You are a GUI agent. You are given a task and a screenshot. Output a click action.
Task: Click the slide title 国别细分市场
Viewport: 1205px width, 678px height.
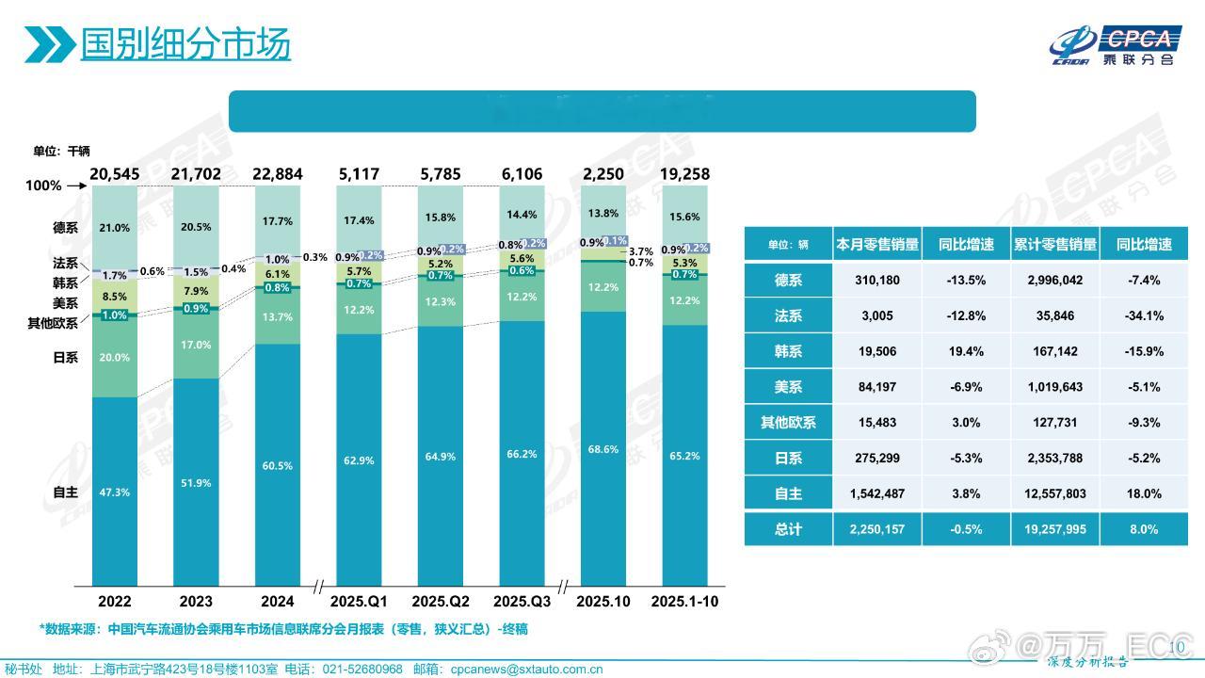(x=185, y=43)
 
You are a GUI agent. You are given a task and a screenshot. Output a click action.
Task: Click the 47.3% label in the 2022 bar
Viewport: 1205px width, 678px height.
(x=115, y=492)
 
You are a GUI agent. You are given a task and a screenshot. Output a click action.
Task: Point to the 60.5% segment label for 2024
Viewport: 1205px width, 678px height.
(x=278, y=466)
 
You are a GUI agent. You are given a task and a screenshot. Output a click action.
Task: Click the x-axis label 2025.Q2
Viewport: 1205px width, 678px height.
(x=441, y=601)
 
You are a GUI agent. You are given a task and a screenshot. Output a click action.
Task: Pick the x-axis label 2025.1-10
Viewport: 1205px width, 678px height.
(x=685, y=601)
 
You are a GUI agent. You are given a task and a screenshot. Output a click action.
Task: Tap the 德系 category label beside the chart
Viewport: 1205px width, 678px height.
(x=66, y=228)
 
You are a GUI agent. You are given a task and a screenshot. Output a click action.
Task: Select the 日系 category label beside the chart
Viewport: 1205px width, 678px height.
(x=66, y=358)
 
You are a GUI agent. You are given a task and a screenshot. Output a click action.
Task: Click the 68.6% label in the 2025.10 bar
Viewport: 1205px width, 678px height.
(x=602, y=449)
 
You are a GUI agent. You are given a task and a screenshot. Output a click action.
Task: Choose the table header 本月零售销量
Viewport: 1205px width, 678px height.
(x=875, y=244)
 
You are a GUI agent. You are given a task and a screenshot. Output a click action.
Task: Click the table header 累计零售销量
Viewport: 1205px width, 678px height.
(x=1054, y=244)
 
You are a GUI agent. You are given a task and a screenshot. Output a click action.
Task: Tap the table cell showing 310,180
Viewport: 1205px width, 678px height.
(x=875, y=281)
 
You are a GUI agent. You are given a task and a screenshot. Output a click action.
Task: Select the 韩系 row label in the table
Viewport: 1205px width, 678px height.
(x=788, y=351)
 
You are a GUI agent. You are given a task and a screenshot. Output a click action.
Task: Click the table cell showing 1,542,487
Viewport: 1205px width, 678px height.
(x=875, y=492)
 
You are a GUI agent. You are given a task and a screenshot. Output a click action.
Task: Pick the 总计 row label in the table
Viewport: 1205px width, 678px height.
(x=788, y=529)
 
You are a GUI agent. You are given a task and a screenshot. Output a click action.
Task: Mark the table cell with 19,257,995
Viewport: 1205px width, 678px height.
(x=1054, y=529)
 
